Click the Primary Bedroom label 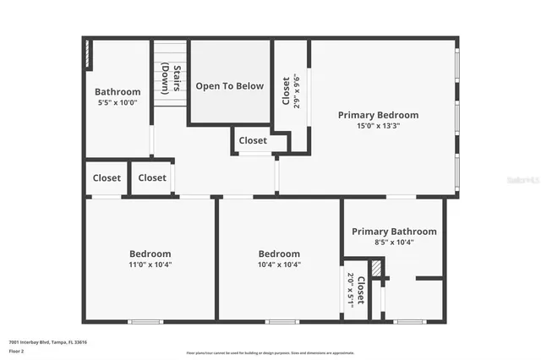click(x=378, y=115)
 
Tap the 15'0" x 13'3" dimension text click(x=378, y=125)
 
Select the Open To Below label click(x=229, y=86)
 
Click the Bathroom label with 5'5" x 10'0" click(x=117, y=92)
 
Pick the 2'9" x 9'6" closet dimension click(x=296, y=90)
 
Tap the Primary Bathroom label click(x=394, y=232)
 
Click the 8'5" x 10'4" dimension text click(x=394, y=242)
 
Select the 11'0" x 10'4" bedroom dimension click(x=150, y=265)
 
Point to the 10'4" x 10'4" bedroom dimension click(x=279, y=265)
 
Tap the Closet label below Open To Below click(x=253, y=141)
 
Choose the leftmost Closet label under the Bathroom click(x=107, y=178)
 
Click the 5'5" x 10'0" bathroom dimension click(x=117, y=102)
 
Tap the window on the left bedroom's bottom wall click(x=145, y=321)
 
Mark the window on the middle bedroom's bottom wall click(x=281, y=321)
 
